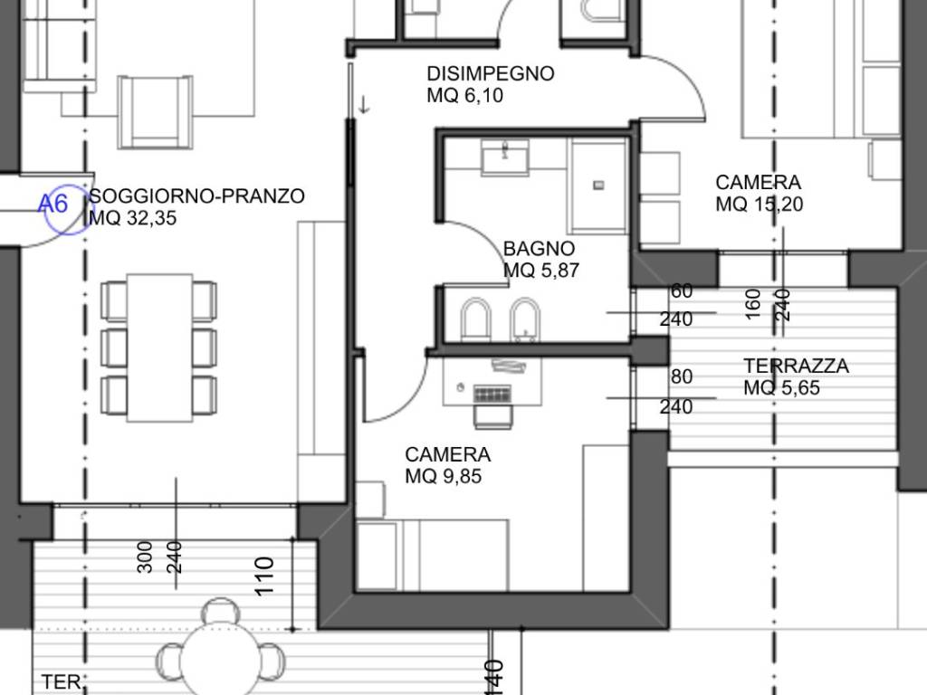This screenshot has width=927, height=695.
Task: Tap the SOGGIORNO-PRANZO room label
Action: point(196,195)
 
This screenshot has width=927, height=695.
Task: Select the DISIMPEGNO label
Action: point(490,74)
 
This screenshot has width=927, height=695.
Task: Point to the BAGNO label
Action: point(539,248)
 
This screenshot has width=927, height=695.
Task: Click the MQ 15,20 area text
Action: point(759,205)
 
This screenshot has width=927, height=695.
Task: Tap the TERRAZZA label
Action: point(796,367)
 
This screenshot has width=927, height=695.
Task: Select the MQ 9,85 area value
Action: point(443,476)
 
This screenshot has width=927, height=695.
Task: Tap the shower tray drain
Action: point(597,186)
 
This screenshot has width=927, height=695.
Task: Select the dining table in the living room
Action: point(159,347)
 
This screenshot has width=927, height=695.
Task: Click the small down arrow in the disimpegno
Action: point(364,104)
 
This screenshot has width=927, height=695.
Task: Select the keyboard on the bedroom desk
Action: point(492,395)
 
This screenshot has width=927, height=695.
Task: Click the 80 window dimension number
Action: point(681,376)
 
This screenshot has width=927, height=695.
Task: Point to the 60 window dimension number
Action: point(681,290)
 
